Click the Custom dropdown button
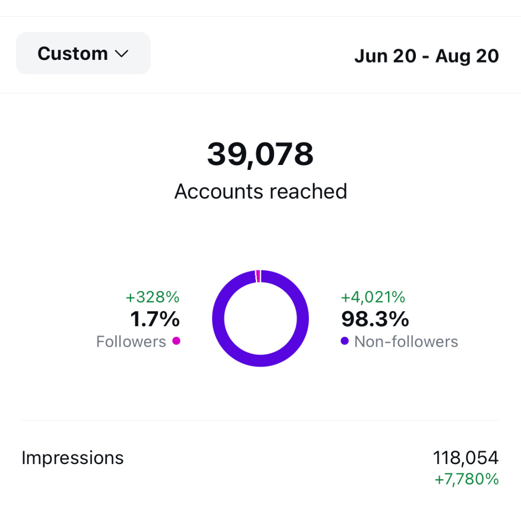(83, 53)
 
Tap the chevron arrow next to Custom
(122, 54)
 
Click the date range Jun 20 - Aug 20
(426, 56)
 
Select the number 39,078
(260, 154)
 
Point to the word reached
(308, 192)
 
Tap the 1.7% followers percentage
(155, 319)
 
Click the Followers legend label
(131, 342)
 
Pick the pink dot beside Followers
(176, 341)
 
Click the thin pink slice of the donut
(258, 276)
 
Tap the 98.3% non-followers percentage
(375, 319)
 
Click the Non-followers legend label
(406, 342)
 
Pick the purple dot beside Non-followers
(344, 341)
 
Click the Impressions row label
(73, 457)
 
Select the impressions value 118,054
(466, 457)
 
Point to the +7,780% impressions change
(466, 479)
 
